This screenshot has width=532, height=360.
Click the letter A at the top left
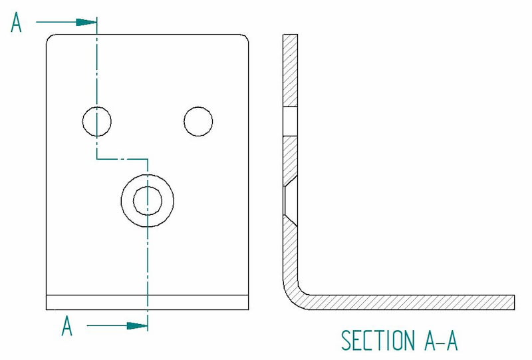click(16, 23)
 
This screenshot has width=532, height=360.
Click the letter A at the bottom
click(67, 325)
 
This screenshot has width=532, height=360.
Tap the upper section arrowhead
click(86, 23)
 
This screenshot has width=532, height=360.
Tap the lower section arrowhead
click(138, 326)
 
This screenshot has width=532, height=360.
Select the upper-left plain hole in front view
click(97, 121)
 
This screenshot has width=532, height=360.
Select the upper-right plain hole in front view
click(198, 121)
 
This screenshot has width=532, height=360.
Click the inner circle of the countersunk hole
click(148, 201)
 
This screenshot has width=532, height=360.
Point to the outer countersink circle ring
click(148, 201)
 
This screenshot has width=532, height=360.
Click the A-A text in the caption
click(441, 340)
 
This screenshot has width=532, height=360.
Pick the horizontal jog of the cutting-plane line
click(122, 158)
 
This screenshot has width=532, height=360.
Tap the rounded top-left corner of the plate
click(51, 39)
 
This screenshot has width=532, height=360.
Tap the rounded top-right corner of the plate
click(244, 39)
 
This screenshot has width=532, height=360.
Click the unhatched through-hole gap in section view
click(291, 121)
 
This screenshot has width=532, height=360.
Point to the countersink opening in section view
click(291, 201)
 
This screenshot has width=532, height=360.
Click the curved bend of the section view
click(294, 298)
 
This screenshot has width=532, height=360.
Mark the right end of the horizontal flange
click(514, 302)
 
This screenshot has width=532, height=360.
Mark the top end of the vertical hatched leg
click(291, 35)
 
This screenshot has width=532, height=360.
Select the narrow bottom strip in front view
click(147, 302)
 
